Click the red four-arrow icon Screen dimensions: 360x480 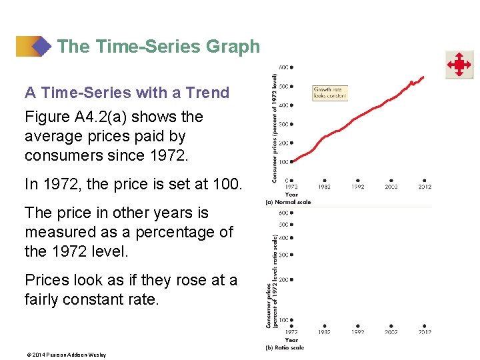(x=459, y=65)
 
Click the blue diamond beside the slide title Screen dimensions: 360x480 (x=42, y=47)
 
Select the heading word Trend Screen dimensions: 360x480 (x=207, y=93)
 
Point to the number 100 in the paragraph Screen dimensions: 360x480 (x=226, y=184)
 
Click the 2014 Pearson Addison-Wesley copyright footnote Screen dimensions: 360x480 (x=65, y=355)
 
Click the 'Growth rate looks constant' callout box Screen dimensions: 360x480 (x=330, y=93)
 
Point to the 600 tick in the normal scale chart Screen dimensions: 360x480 (x=285, y=67)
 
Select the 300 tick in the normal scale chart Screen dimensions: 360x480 (x=285, y=124)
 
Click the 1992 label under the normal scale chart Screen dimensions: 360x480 (x=358, y=187)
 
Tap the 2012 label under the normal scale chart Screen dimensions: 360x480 (x=425, y=187)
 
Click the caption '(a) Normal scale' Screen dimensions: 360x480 (x=288, y=201)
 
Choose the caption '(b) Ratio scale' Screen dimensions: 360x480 (x=285, y=347)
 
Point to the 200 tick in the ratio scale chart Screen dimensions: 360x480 (x=285, y=280)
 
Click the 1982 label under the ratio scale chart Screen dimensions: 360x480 (x=325, y=332)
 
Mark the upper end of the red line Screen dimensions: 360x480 (x=422, y=77)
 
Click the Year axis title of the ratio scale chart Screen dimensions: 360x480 (x=291, y=340)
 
